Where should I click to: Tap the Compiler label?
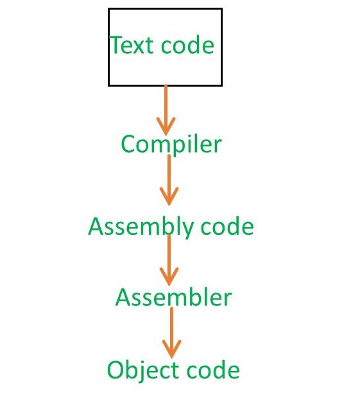point(171,144)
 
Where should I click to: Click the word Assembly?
point(141,227)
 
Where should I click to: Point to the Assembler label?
point(173,298)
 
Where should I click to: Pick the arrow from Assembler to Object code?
point(171,331)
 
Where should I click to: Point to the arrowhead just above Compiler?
point(166,126)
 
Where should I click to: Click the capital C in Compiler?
point(128,144)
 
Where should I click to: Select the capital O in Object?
point(116,371)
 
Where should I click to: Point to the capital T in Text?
point(116,46)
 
